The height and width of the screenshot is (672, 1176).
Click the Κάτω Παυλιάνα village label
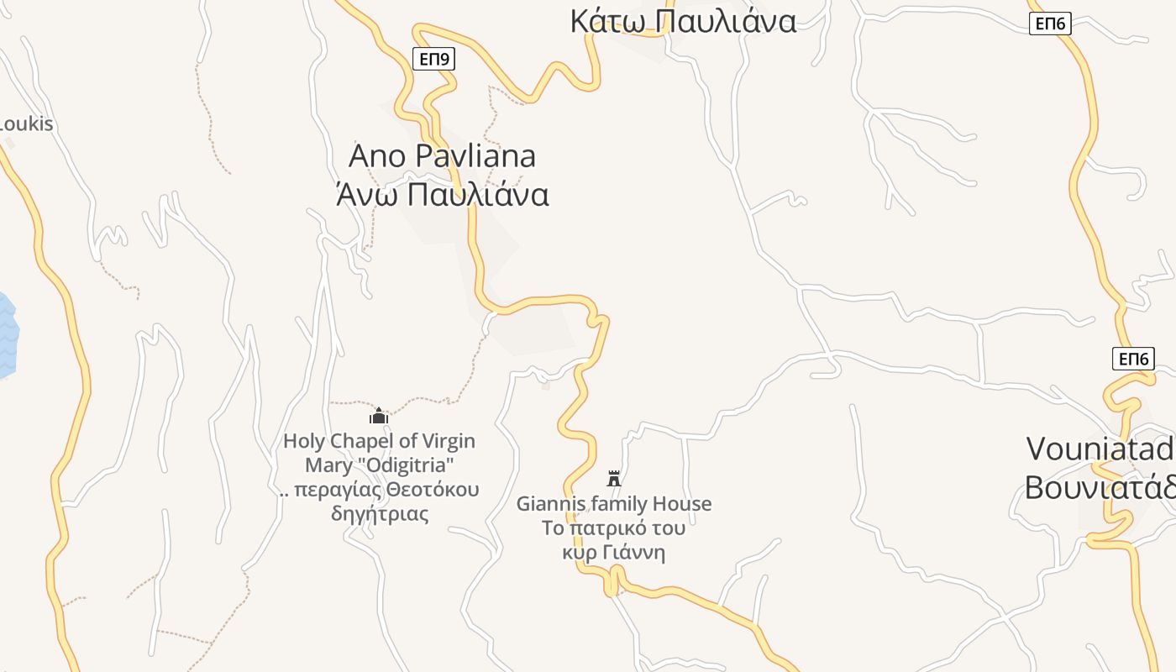pyautogui.click(x=682, y=21)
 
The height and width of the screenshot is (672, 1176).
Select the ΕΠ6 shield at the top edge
pyautogui.click(x=1050, y=24)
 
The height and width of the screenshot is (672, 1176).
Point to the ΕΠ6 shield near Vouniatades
pyautogui.click(x=1133, y=360)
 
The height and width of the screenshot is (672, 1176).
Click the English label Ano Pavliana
pyautogui.click(x=442, y=156)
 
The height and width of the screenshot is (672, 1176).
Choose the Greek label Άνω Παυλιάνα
pyautogui.click(x=442, y=195)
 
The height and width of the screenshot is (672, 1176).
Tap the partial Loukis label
pyautogui.click(x=25, y=124)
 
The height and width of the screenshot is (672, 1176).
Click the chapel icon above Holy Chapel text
pyautogui.click(x=379, y=416)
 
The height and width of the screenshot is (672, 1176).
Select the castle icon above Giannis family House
pyautogui.click(x=614, y=479)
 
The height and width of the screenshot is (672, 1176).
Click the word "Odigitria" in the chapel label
pyautogui.click(x=407, y=465)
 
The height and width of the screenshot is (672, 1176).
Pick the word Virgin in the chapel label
pyautogui.click(x=447, y=442)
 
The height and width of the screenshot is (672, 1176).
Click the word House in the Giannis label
pyautogui.click(x=682, y=504)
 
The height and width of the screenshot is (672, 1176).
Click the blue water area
pyautogui.click(x=7, y=336)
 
